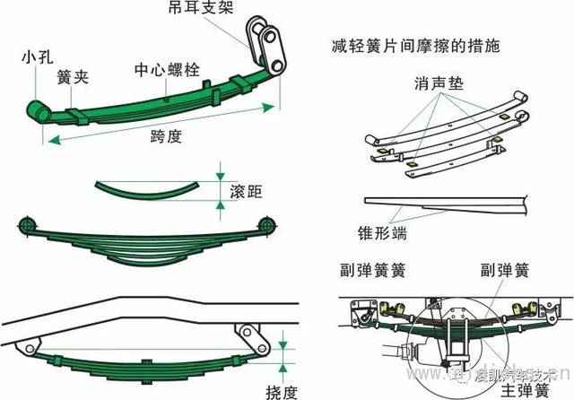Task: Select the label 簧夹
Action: click(x=71, y=75)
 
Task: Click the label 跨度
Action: click(x=166, y=136)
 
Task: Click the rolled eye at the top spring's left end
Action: click(x=39, y=109)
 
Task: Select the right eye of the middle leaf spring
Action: click(x=265, y=222)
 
